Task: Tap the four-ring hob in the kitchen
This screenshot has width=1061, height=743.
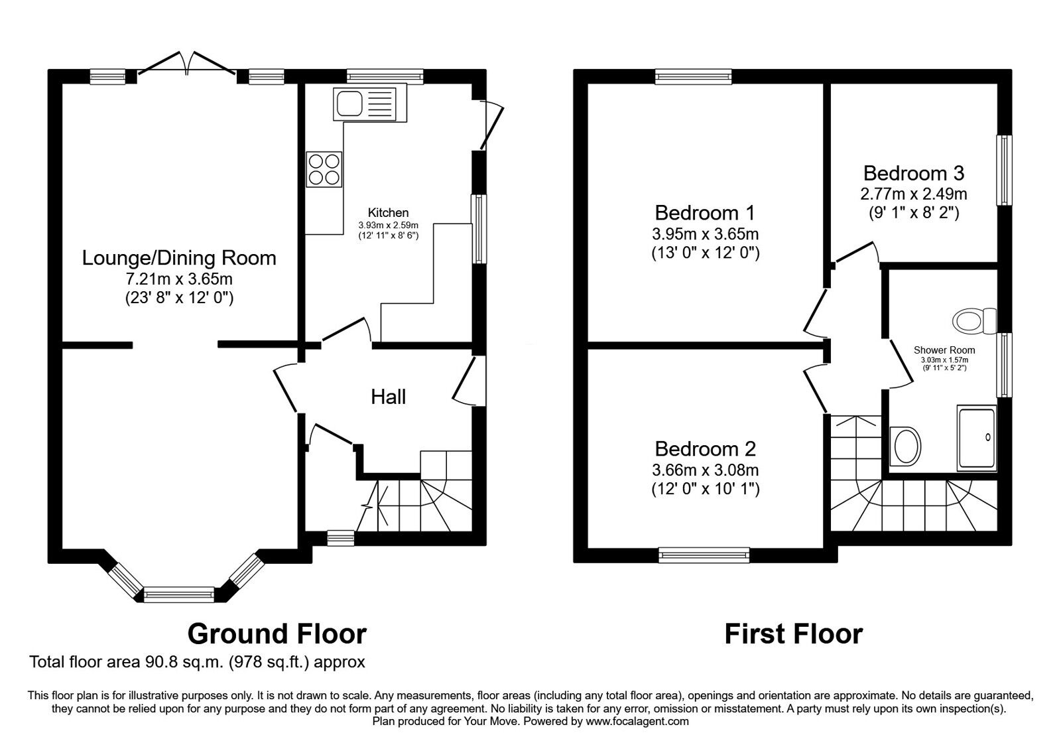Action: click(324, 169)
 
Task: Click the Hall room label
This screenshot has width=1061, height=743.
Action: click(388, 397)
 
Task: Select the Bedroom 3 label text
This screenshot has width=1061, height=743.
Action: click(913, 173)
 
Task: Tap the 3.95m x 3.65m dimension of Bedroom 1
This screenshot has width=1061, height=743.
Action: click(705, 234)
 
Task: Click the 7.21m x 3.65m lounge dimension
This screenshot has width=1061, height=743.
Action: click(179, 279)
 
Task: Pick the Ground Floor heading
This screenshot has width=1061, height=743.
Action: click(277, 634)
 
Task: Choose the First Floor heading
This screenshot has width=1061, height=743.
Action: click(793, 634)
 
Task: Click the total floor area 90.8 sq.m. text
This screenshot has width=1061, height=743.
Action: click(197, 662)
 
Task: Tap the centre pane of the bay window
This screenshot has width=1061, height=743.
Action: click(179, 594)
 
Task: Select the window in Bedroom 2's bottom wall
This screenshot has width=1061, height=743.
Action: click(704, 555)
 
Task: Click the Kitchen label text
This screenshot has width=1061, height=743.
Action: click(389, 213)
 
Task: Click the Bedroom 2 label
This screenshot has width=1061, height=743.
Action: click(705, 449)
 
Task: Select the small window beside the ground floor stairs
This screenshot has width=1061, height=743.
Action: click(341, 537)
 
